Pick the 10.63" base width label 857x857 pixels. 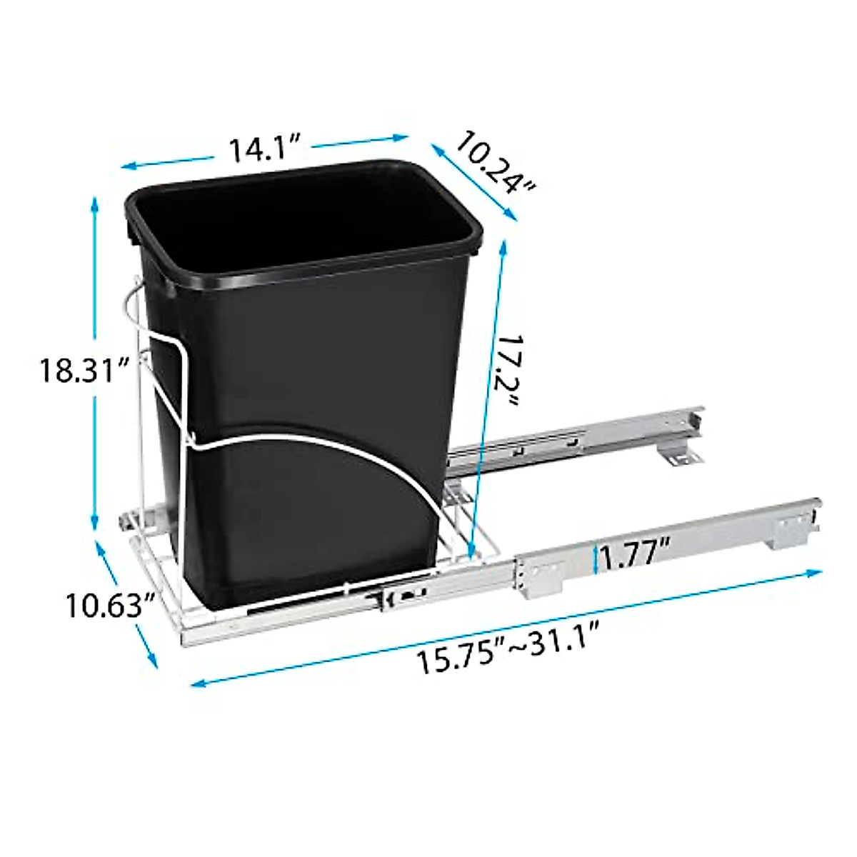(111, 606)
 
